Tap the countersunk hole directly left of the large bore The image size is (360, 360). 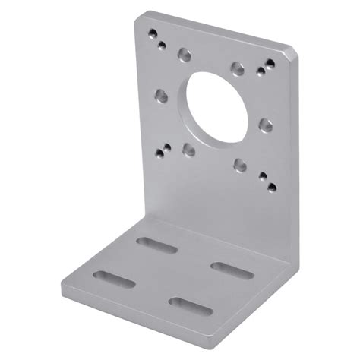pos(161,96)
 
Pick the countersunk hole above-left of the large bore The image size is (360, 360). pos(184,55)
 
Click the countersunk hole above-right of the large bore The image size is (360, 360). pos(238,69)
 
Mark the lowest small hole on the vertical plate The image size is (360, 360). pos(272,185)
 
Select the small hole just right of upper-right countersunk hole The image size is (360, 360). pos(261,73)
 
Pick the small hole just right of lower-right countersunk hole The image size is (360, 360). pos(263,176)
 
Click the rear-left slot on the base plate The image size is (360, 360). pos(158,245)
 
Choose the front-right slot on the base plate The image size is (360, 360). pos(188,304)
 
